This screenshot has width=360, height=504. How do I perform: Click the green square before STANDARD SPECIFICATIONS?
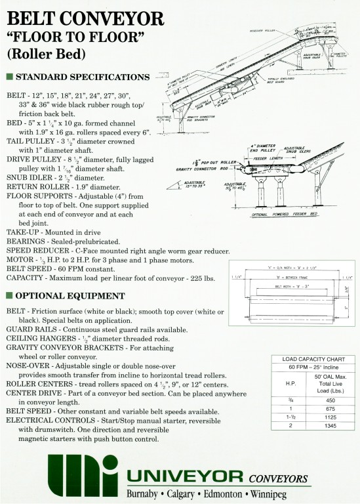[9, 77]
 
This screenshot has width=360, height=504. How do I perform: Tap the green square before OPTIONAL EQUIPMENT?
[9, 295]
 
